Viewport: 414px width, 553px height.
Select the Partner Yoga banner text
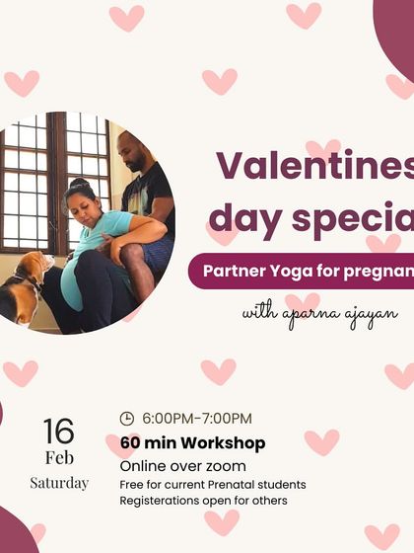(x=307, y=268)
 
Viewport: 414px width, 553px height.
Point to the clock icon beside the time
(x=126, y=418)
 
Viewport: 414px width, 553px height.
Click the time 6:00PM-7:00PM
(x=197, y=418)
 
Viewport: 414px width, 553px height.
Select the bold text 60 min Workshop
(x=192, y=443)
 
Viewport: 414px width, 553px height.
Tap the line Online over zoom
(x=182, y=465)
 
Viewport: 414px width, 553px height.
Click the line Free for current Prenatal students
(x=213, y=484)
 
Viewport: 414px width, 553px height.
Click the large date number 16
(x=58, y=432)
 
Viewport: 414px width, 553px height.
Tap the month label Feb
(x=59, y=458)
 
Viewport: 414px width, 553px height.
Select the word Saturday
(x=59, y=483)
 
